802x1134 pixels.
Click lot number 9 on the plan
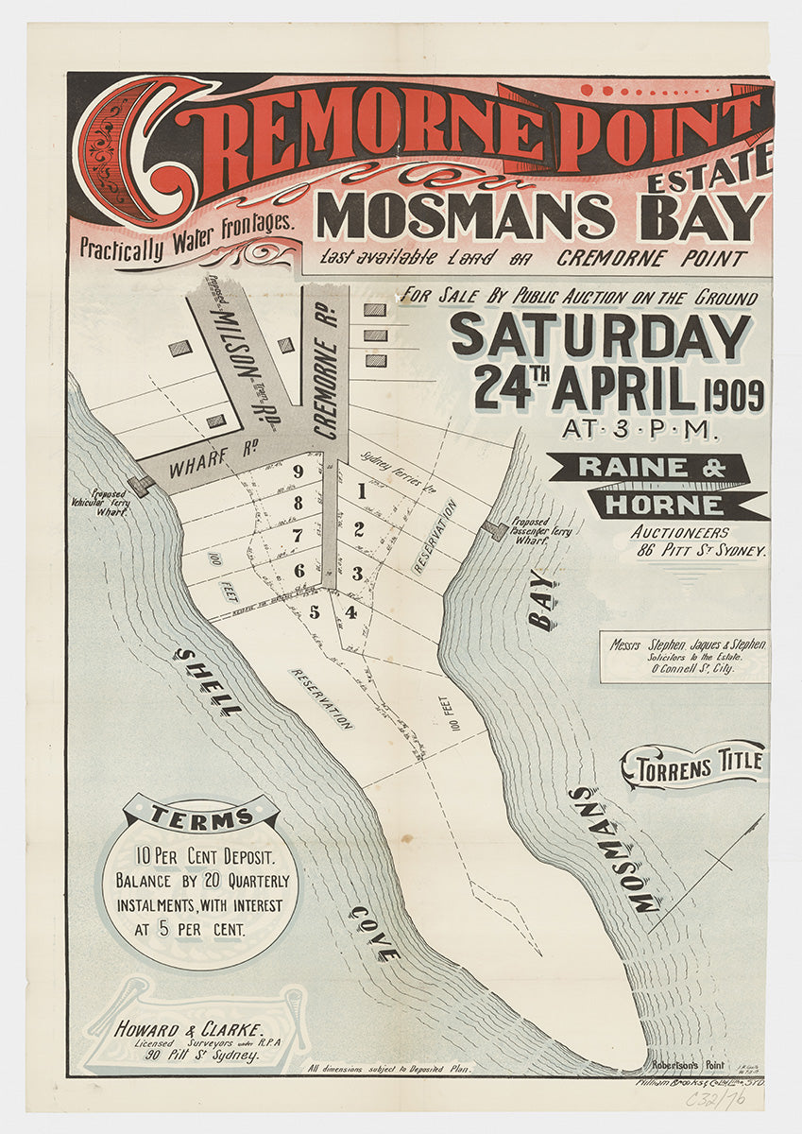click(298, 471)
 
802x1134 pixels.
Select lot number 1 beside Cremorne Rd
click(361, 490)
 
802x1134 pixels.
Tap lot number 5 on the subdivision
click(315, 611)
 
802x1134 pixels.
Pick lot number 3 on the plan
click(357, 573)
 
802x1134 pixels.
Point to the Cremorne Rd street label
click(328, 378)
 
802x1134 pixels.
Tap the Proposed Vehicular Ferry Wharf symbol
click(143, 486)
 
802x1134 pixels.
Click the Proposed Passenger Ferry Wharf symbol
click(493, 530)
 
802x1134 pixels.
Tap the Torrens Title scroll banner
click(693, 765)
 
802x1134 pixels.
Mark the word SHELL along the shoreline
click(208, 681)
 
